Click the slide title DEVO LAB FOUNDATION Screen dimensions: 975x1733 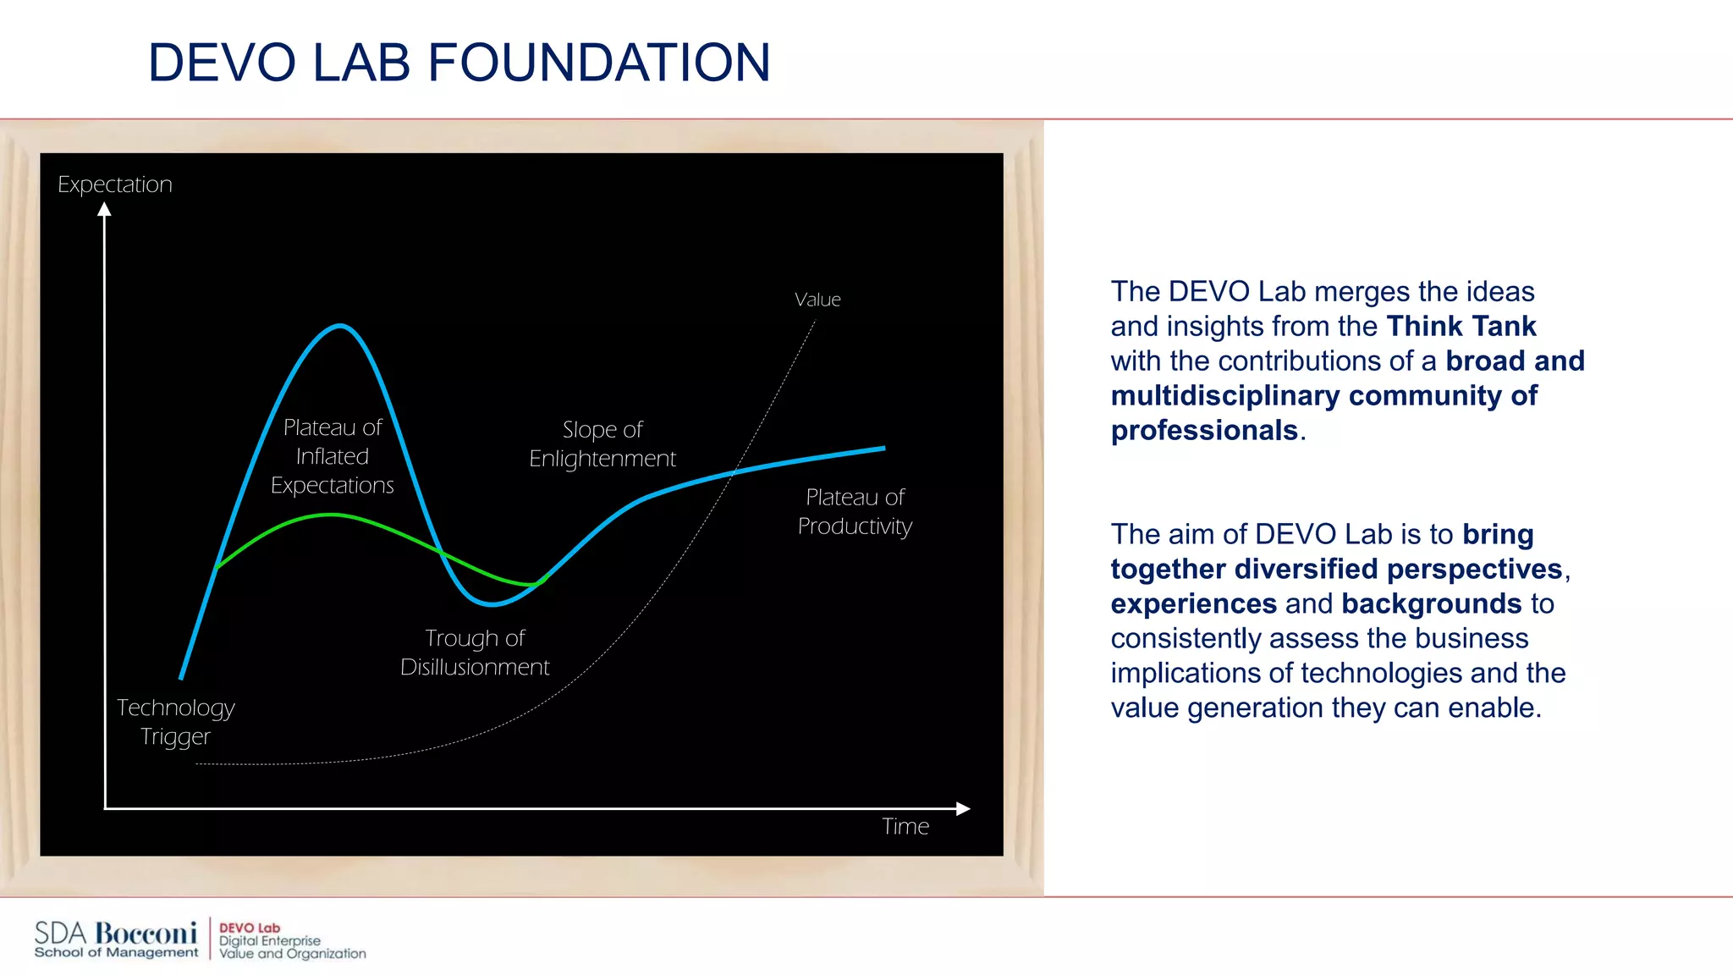click(459, 63)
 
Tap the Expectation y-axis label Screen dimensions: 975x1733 click(114, 185)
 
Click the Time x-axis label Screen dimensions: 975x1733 click(905, 826)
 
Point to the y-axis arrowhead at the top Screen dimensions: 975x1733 click(104, 209)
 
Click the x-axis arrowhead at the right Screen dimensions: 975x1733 click(963, 808)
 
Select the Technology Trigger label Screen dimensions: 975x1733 click(175, 721)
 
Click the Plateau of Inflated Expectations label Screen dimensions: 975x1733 click(333, 456)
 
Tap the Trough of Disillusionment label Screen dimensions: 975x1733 click(475, 653)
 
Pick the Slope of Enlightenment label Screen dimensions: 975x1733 click(602, 443)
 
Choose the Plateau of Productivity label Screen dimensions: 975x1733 click(855, 511)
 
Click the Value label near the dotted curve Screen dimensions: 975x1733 click(817, 300)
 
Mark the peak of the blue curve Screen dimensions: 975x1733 click(339, 325)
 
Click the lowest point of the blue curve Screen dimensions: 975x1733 click(493, 604)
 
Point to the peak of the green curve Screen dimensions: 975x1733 click(333, 515)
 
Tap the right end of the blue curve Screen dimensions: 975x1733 click(883, 449)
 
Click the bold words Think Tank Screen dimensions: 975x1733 click(1461, 326)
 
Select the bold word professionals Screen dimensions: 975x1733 click(1204, 430)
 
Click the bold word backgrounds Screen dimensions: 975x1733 click(1431, 603)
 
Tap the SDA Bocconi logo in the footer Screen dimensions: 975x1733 click(116, 939)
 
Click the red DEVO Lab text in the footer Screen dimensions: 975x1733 click(249, 928)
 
